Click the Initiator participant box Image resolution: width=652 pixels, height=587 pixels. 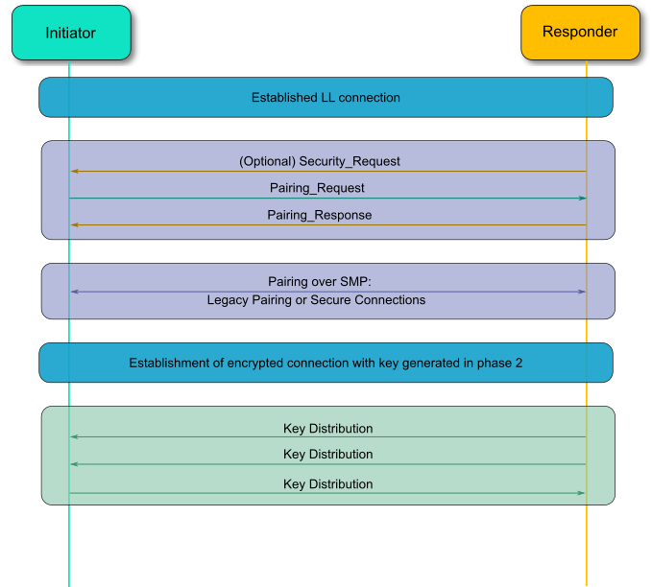[x=70, y=33]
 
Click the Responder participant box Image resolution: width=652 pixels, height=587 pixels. [x=580, y=33]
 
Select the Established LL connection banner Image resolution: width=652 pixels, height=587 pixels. [x=326, y=98]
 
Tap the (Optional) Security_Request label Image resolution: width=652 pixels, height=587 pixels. [x=320, y=161]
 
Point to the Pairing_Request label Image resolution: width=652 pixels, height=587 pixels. [x=317, y=188]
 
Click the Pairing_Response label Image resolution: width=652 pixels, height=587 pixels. [x=319, y=215]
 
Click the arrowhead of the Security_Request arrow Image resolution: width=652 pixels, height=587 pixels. [x=74, y=172]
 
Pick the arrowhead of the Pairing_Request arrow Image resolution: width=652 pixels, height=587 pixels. [x=582, y=199]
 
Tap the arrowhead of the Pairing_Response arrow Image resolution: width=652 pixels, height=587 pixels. [x=74, y=224]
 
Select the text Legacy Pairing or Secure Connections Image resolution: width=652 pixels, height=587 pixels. [x=316, y=300]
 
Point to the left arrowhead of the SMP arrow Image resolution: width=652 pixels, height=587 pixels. [x=74, y=292]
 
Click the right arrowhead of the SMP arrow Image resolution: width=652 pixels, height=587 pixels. [x=582, y=292]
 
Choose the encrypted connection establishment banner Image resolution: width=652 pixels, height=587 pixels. [x=326, y=364]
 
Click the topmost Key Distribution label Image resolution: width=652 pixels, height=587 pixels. [x=327, y=429]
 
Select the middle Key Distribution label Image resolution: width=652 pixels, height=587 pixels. [x=327, y=455]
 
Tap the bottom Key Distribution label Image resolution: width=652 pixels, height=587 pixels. [x=327, y=484]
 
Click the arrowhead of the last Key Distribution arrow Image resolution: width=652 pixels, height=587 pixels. [x=582, y=493]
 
